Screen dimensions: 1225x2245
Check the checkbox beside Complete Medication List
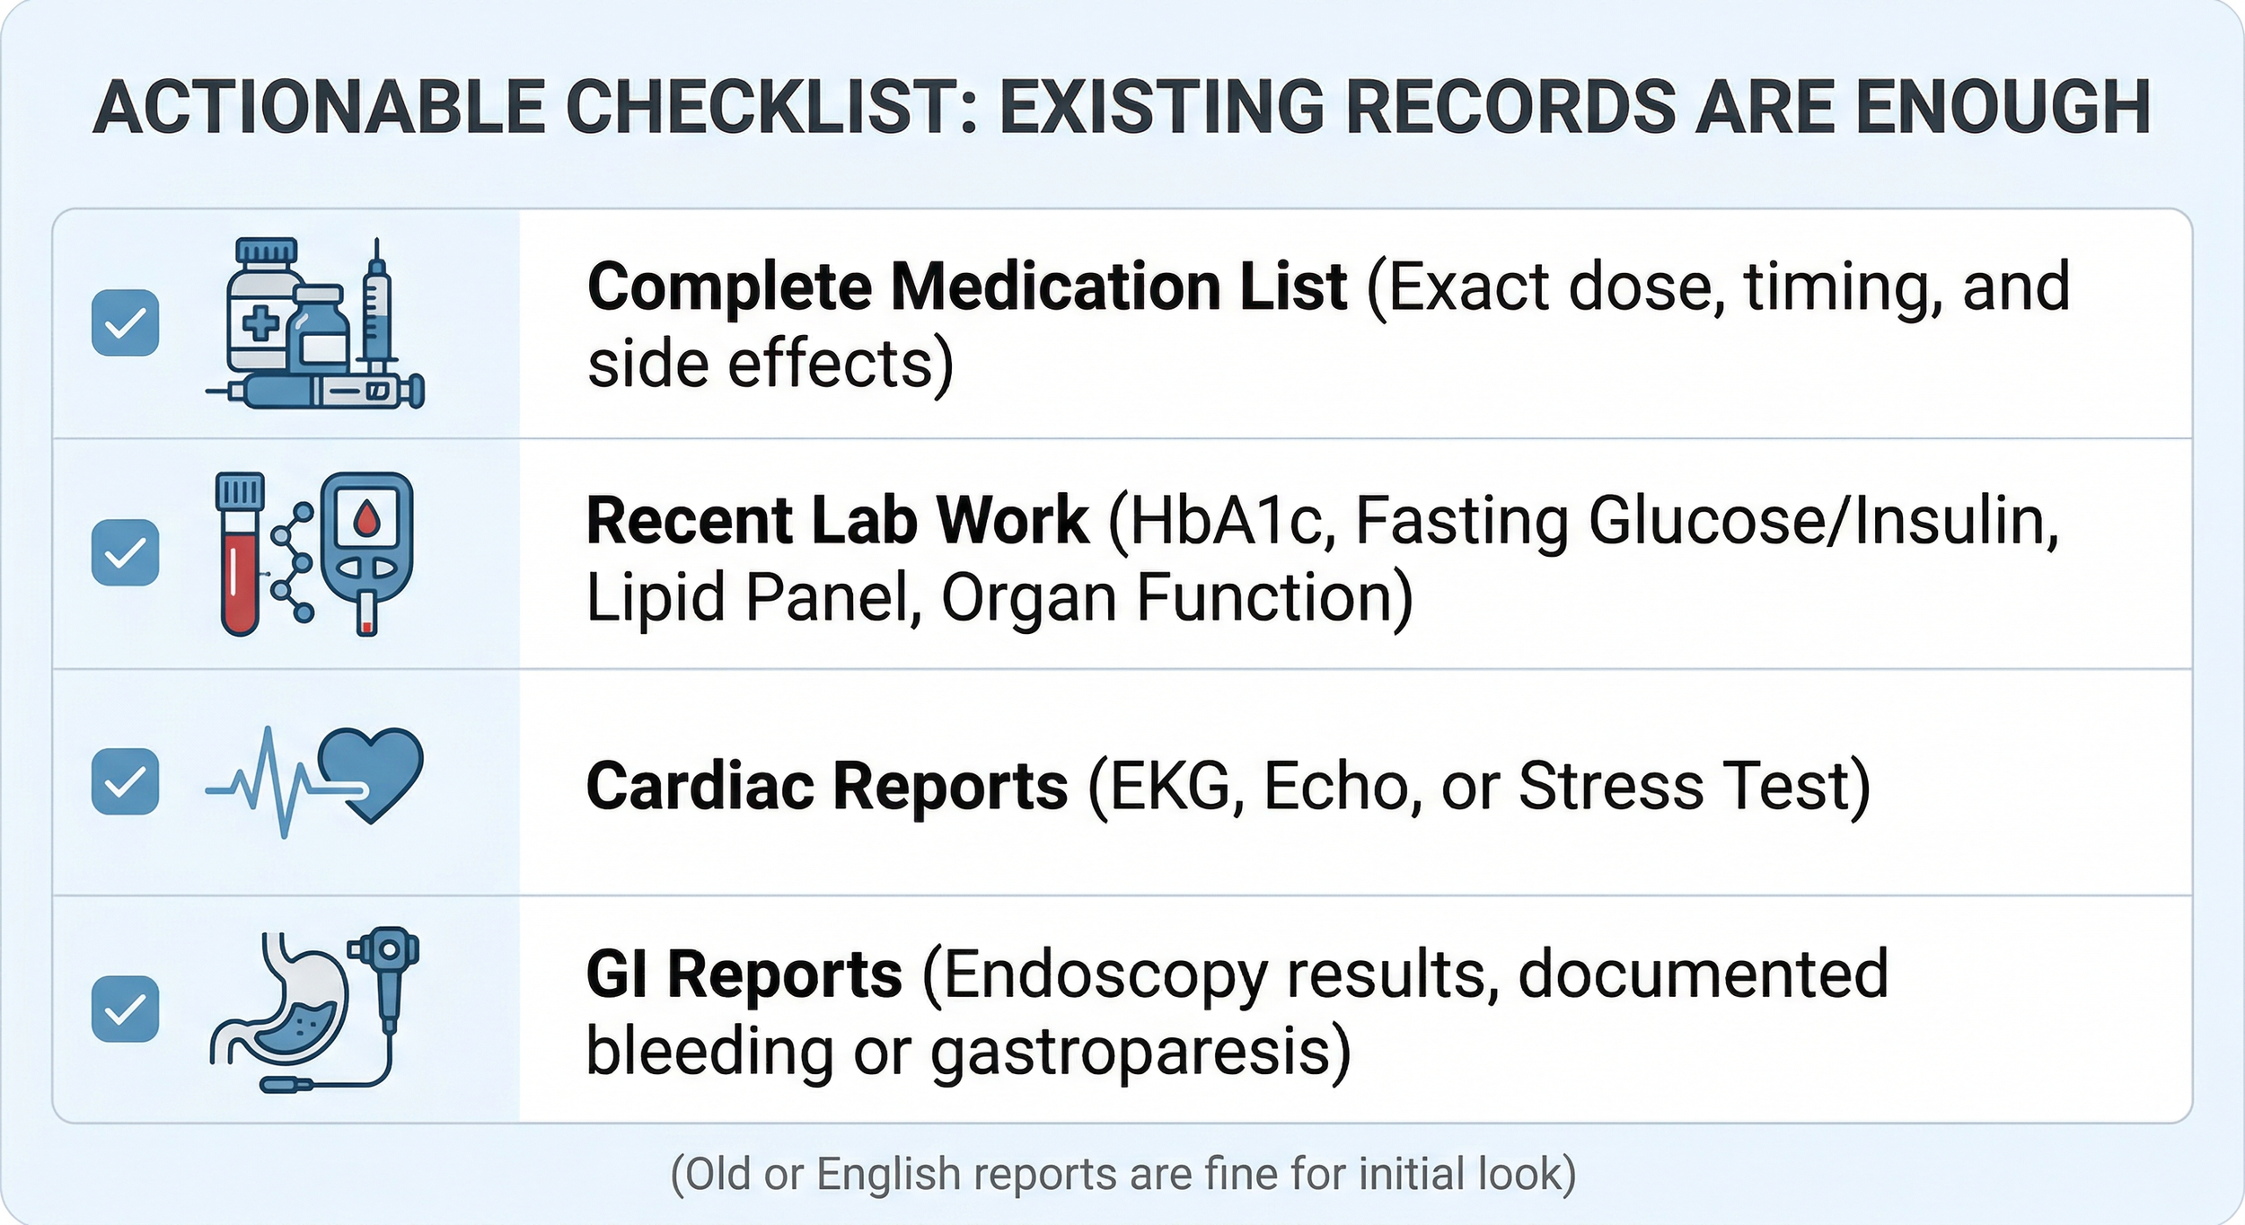tap(126, 322)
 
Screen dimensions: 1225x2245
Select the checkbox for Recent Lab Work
tap(126, 552)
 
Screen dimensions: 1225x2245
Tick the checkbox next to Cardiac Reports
tap(126, 781)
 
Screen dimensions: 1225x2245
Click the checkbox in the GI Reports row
tap(126, 1009)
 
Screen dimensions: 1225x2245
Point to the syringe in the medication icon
tap(377, 305)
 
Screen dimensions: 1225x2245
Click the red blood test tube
tap(240, 557)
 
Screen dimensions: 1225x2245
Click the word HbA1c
tap(1225, 520)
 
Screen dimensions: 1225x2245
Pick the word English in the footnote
tap(889, 1174)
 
